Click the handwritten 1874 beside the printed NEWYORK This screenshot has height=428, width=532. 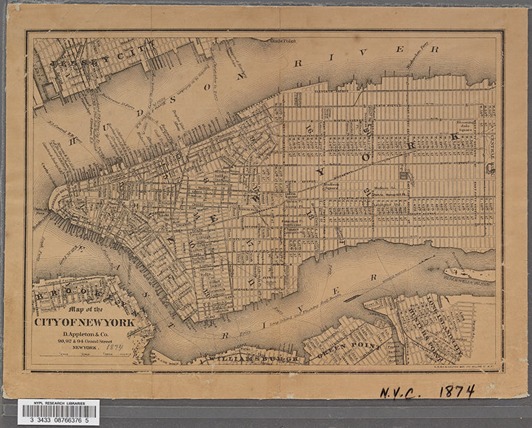[115, 347]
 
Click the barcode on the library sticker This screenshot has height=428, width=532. [58, 410]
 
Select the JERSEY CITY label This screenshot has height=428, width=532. [76, 66]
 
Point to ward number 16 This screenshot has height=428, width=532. [309, 127]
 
